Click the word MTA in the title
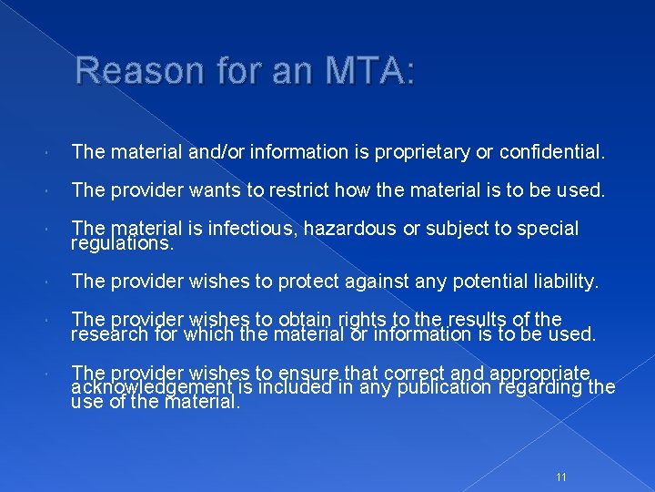[361, 70]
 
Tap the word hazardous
[348, 229]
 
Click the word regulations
[120, 243]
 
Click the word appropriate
[544, 373]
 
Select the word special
[548, 229]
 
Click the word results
[477, 320]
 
